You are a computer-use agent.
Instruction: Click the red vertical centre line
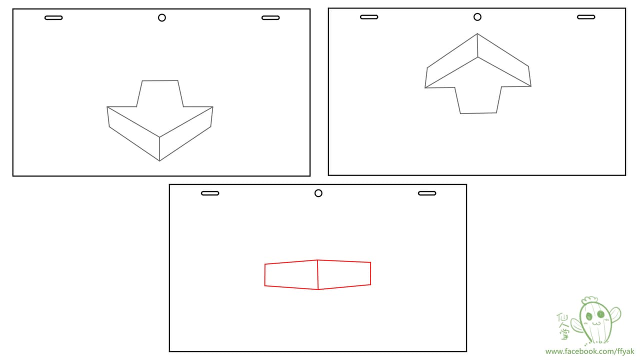317,274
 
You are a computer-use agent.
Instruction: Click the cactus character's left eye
589,316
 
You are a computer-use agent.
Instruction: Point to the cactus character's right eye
601,314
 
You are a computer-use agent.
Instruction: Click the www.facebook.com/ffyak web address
589,351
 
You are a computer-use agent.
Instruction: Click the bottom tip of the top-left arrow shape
159,161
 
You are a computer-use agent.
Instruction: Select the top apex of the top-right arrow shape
477,33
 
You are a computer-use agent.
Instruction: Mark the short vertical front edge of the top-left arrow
159,149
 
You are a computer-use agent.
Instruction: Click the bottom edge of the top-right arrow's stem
478,113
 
